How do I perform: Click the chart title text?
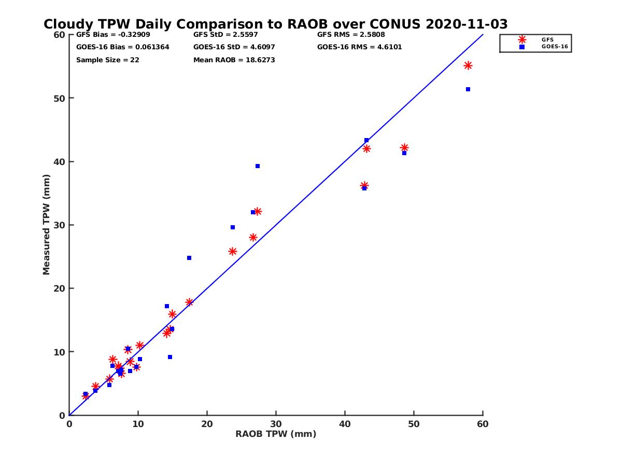[276, 24]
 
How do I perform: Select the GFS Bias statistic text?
[113, 35]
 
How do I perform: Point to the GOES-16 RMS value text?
[359, 47]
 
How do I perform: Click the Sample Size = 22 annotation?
[107, 60]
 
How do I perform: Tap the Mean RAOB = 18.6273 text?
[234, 60]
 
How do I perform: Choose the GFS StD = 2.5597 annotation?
[234, 35]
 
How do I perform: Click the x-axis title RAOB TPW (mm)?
[276, 434]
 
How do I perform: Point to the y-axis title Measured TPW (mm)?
[47, 225]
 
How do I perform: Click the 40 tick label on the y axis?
[59, 162]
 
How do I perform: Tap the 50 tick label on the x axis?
[414, 424]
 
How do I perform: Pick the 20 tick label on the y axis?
[59, 289]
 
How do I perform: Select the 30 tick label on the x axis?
[276, 424]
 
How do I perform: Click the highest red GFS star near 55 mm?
[468, 65]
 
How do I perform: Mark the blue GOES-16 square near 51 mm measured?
[468, 89]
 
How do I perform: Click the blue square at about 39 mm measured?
[258, 166]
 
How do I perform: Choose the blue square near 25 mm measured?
[189, 258]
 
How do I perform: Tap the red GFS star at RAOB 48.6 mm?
[404, 148]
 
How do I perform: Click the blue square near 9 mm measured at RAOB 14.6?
[170, 357]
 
